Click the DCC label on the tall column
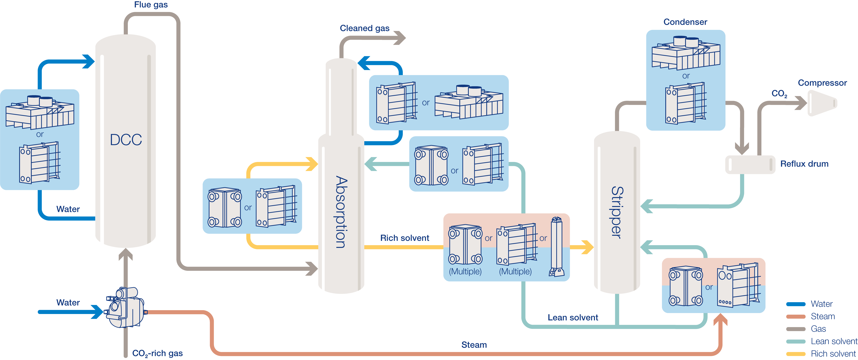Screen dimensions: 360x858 tap(126, 140)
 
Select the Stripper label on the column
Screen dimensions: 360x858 tap(617, 212)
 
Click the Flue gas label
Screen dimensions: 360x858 tap(151, 5)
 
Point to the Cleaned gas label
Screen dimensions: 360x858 tap(364, 28)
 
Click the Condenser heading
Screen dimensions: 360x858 tap(685, 22)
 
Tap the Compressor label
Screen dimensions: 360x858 tap(822, 83)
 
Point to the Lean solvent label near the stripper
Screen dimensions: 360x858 tap(573, 317)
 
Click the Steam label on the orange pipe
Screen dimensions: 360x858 tap(474, 345)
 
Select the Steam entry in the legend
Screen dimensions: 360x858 tap(823, 316)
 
